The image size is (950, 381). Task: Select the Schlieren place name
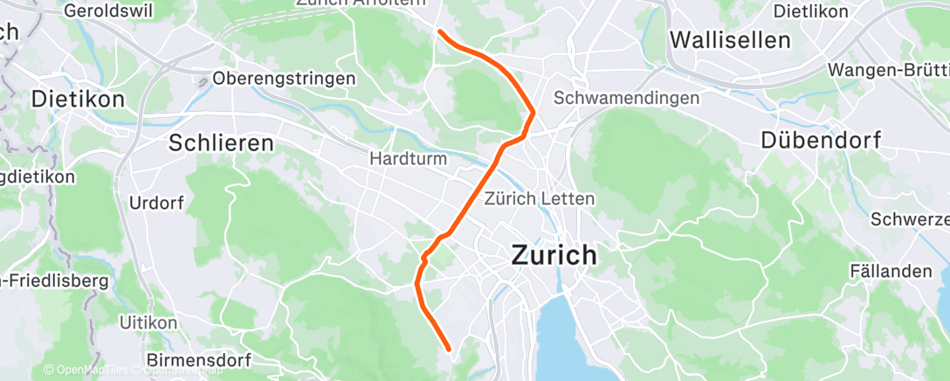221,142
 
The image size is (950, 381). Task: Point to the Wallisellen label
729,39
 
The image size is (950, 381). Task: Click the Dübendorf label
821,139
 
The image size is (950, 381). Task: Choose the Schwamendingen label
626,98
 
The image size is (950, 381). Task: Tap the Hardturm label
409,159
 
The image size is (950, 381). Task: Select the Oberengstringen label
285,78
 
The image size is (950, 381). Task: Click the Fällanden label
891,271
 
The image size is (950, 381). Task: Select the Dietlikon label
811,11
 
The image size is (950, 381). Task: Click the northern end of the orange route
440,32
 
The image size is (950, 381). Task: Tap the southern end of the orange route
449,349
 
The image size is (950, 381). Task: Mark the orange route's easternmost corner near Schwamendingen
533,112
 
